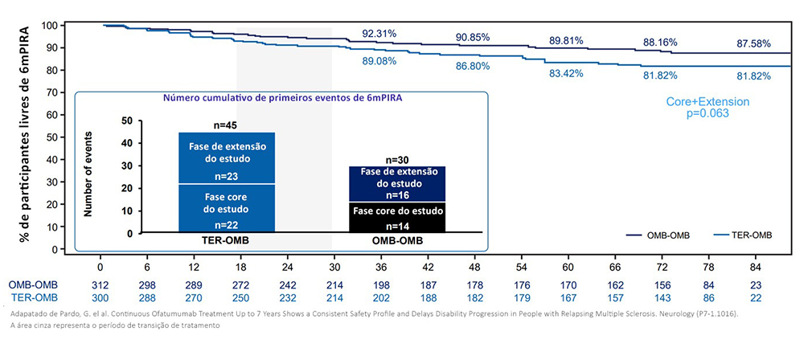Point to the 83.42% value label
click(566, 74)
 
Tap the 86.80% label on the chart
click(473, 66)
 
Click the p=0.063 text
click(708, 115)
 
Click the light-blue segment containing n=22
click(227, 208)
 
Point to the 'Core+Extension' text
click(708, 102)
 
